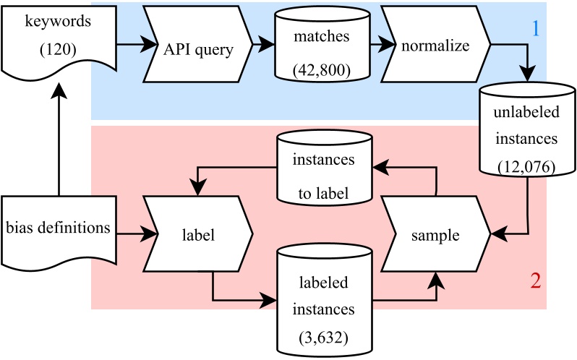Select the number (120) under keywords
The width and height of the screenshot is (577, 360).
tap(56, 52)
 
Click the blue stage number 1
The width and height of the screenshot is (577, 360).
tap(536, 28)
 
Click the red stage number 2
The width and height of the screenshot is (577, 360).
tap(536, 280)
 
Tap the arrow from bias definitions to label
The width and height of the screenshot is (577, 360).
tap(134, 233)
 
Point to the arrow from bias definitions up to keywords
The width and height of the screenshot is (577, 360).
tap(56, 137)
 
